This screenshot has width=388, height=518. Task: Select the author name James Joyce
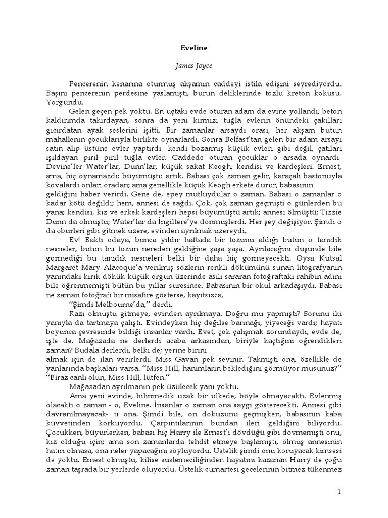tap(194, 65)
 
